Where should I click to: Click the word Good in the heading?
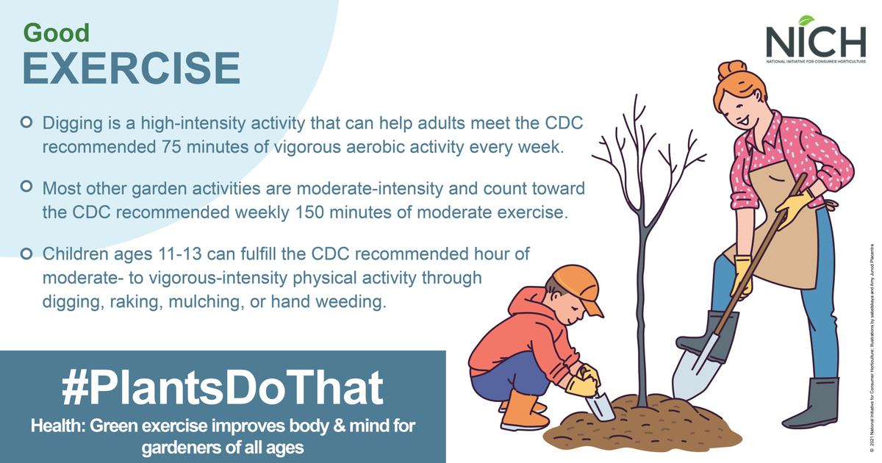coord(56,33)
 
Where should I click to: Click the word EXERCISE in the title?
coord(131,68)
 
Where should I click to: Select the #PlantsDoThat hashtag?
coord(223,388)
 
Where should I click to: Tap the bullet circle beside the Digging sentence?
coord(27,120)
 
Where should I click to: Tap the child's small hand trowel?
coord(599,405)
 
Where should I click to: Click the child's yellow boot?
coord(523,412)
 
